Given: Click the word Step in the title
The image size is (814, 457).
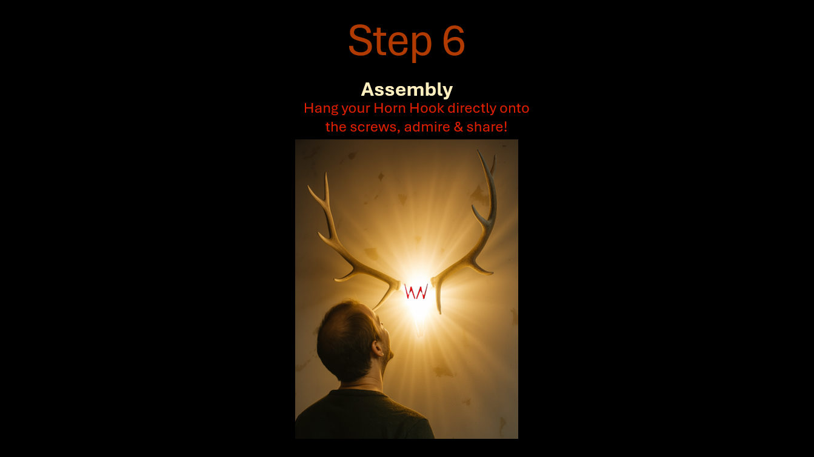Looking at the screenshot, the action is click(x=390, y=41).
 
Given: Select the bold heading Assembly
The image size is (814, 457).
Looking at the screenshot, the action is click(x=407, y=90).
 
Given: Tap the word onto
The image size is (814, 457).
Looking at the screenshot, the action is click(x=514, y=108).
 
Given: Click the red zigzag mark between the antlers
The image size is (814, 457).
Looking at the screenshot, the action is click(x=416, y=292).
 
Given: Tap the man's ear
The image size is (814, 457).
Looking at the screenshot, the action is click(x=378, y=349).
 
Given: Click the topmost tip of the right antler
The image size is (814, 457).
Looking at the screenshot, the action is click(x=478, y=151).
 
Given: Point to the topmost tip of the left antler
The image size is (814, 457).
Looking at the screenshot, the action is click(x=326, y=173).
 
